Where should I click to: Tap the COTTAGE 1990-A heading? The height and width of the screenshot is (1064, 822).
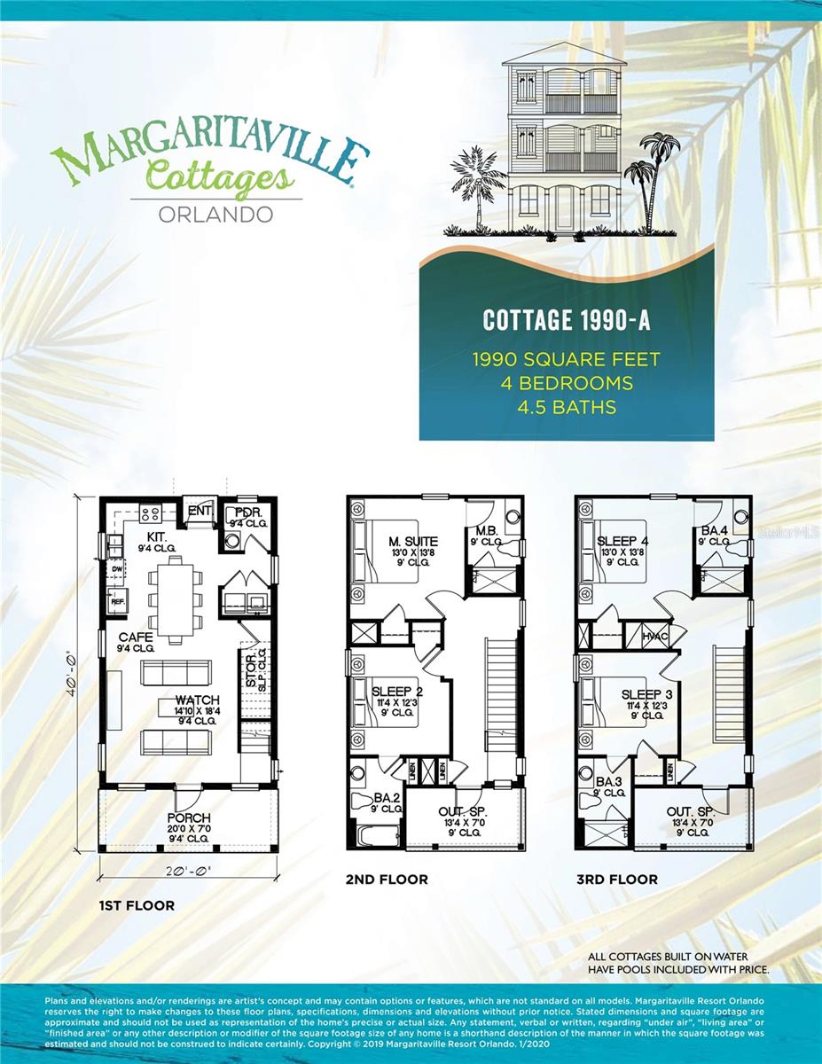click(567, 320)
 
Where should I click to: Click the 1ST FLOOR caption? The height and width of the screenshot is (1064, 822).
click(137, 905)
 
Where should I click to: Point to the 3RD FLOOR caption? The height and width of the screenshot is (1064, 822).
click(620, 879)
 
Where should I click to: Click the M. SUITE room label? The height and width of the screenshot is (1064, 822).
click(413, 542)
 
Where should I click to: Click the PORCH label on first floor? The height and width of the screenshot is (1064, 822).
click(189, 817)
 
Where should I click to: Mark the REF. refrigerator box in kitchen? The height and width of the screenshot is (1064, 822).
click(116, 601)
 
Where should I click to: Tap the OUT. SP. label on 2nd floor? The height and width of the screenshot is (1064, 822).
click(463, 812)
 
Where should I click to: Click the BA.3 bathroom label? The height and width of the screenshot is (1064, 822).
click(608, 781)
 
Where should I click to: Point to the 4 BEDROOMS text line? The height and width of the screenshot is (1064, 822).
click(567, 383)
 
